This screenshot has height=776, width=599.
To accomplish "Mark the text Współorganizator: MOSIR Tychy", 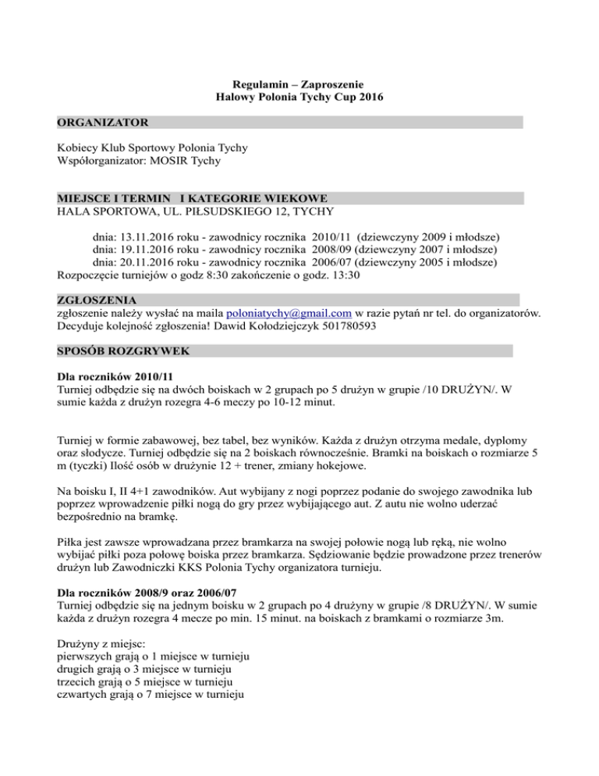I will point(139,161).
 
